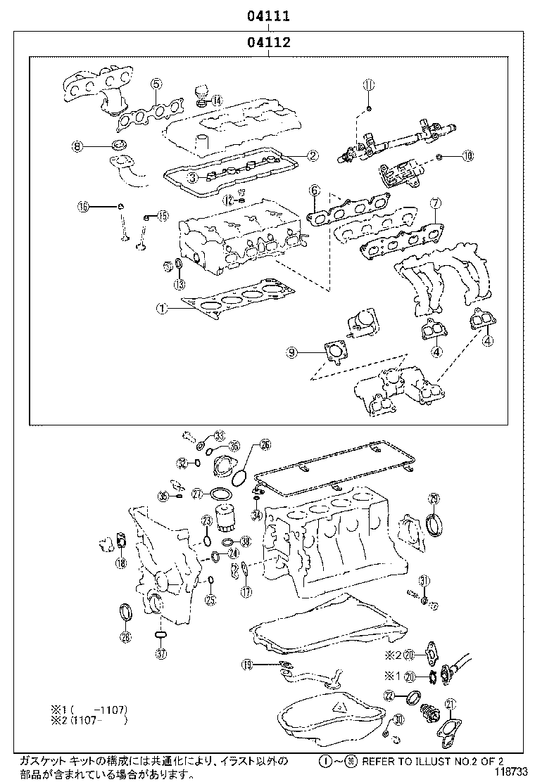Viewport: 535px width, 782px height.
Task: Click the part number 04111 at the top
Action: [268, 15]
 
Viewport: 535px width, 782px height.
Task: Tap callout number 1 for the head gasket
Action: [161, 307]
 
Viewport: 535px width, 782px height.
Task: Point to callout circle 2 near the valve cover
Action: [313, 155]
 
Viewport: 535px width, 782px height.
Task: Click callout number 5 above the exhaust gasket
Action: [156, 84]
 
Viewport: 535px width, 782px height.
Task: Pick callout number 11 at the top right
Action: [368, 85]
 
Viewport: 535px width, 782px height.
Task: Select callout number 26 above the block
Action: [265, 444]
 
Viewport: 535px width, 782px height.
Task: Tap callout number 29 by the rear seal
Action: [434, 499]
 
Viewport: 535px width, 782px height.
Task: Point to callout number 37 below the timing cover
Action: [161, 653]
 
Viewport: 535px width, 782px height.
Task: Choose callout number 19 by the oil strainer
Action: [247, 664]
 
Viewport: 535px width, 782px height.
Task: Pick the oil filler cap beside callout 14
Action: [201, 91]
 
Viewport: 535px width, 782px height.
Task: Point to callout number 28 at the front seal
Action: [125, 637]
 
